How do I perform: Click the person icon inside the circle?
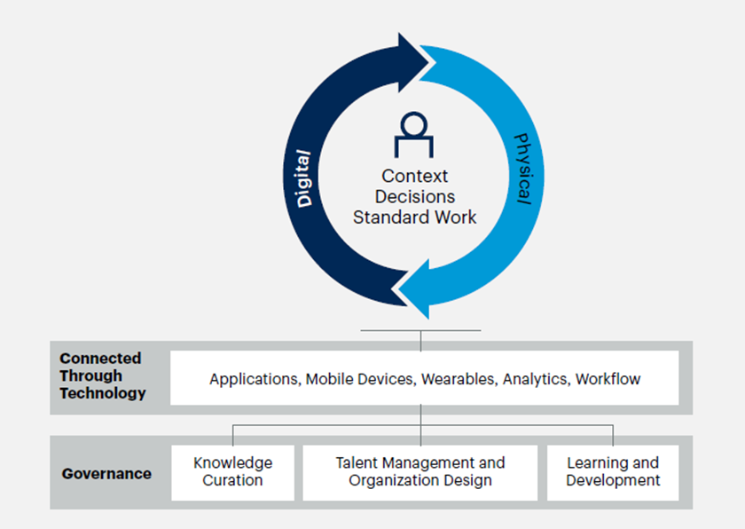pos(414,135)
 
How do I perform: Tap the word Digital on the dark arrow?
pos(303,178)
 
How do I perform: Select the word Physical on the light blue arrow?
pos(522,169)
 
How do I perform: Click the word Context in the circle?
pos(414,176)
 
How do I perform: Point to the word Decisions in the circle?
pos(415,196)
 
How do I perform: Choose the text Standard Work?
pos(414,217)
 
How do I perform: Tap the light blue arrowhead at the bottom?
pos(414,289)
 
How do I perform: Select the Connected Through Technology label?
pos(103,375)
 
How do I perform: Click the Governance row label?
pos(106,473)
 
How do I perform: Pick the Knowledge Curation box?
pos(232,472)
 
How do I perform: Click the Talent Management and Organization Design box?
pos(420,472)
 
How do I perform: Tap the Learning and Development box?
pos(613,472)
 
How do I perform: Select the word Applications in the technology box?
pos(255,379)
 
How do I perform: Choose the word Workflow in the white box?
pos(608,379)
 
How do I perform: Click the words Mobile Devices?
pos(361,379)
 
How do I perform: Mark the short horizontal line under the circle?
pos(420,330)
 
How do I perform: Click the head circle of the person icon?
pos(414,124)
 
